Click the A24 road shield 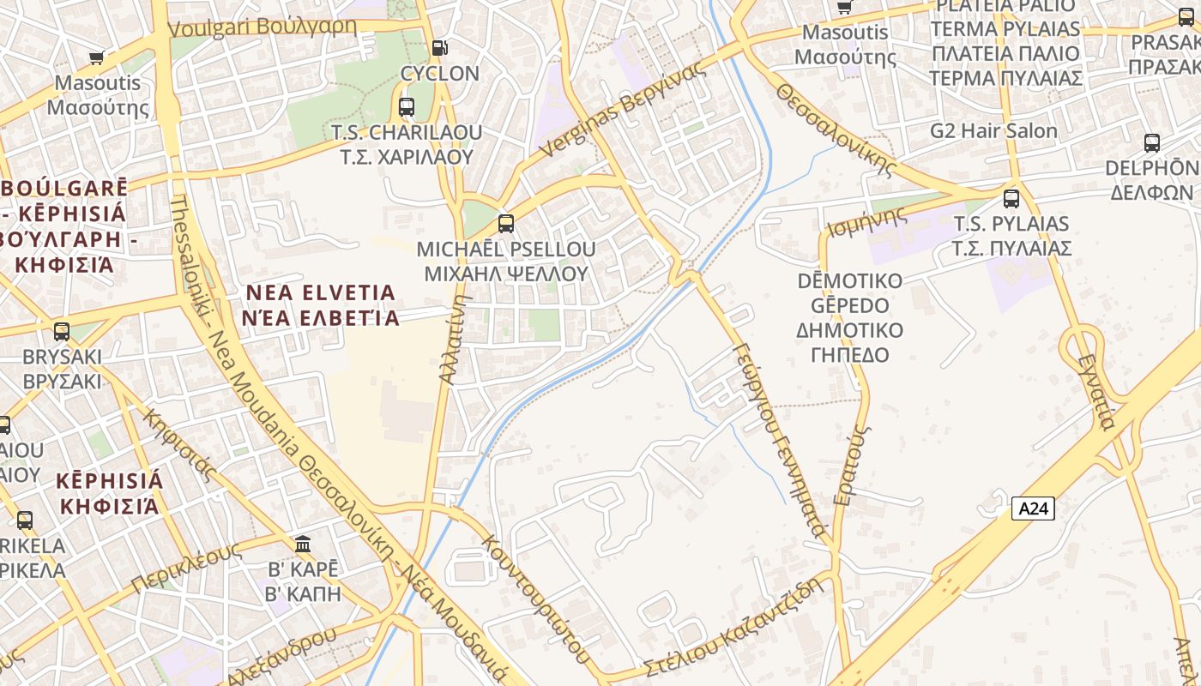coord(1033,508)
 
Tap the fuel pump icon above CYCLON coord(439,48)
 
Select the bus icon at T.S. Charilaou coord(407,107)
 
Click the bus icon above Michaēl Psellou coord(506,224)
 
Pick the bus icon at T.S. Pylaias coord(1011,199)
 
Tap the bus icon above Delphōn coord(1151,143)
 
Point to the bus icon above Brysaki coord(62,332)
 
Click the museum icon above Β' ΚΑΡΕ coord(302,545)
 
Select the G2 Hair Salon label coord(993,131)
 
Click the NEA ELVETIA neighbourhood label coord(321,305)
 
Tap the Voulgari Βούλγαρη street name coord(262,27)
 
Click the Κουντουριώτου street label coord(535,600)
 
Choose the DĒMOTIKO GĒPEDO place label coord(849,318)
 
